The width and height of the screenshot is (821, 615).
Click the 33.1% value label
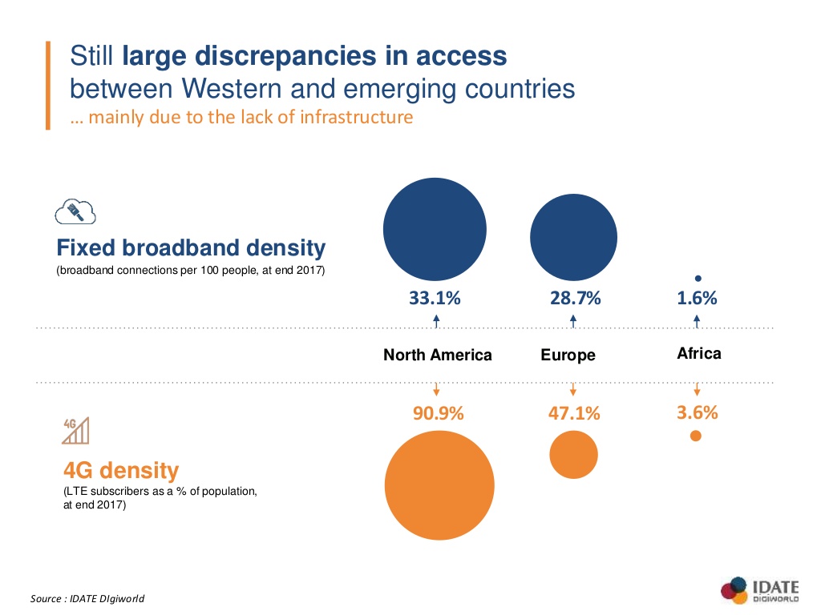(435, 299)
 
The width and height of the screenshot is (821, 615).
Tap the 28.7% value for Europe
(575, 299)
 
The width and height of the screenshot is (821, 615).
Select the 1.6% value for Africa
(697, 299)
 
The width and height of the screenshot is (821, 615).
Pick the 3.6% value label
(697, 413)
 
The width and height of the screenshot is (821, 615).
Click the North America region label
(437, 355)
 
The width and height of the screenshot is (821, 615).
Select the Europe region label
(568, 355)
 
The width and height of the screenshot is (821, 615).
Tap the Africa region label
(698, 353)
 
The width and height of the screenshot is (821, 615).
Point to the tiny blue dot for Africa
(698, 279)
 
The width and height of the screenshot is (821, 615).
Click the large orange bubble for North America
(439, 485)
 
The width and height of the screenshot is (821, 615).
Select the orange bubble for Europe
(573, 454)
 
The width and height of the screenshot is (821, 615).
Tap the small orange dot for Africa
(696, 436)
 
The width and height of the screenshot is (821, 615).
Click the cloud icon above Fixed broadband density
(75, 212)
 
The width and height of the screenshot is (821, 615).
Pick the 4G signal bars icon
(75, 430)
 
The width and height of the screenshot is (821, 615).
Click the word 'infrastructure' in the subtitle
(357, 117)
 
